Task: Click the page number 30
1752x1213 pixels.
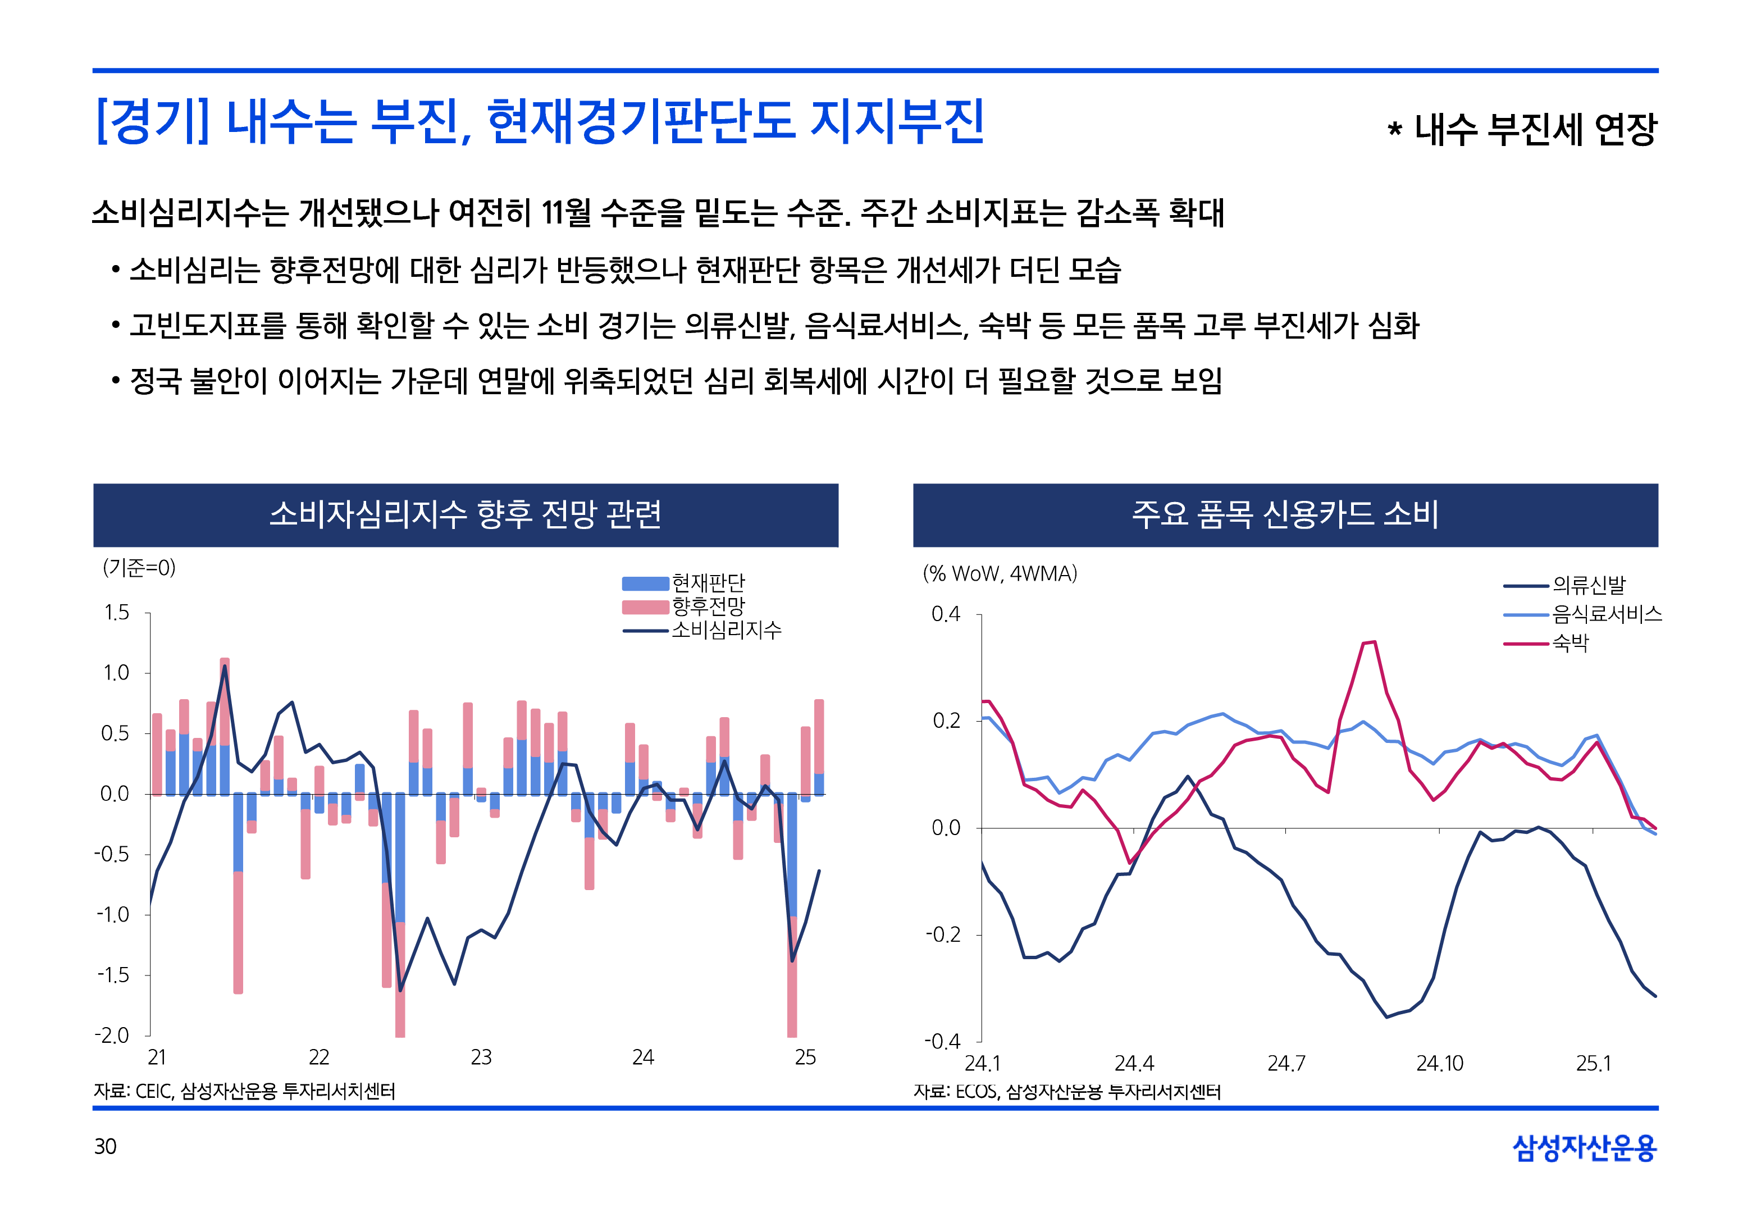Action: tap(105, 1146)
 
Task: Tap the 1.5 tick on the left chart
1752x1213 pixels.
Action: tap(116, 613)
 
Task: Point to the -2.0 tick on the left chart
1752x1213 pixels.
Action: tap(112, 1035)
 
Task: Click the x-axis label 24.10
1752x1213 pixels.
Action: tap(1439, 1063)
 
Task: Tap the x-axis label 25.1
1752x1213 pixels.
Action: tap(1593, 1063)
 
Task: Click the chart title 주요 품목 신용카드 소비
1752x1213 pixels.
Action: tap(1285, 514)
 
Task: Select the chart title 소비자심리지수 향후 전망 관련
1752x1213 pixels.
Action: tap(465, 514)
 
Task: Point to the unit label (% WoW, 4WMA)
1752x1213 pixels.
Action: tap(1000, 574)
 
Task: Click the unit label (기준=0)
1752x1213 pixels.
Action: tap(139, 568)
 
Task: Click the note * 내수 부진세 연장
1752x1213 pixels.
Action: tap(1521, 129)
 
